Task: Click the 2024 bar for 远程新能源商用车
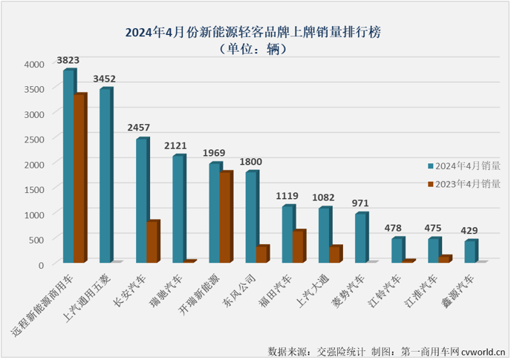click(68, 166)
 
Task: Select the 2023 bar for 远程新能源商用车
click(80, 178)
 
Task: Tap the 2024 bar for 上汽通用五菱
click(105, 175)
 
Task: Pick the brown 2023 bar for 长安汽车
click(152, 241)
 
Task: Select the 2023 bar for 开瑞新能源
click(225, 217)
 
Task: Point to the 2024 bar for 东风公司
click(251, 217)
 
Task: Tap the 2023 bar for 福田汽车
click(298, 246)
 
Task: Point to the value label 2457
click(141, 128)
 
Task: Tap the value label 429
click(470, 230)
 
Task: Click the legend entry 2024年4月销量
click(463, 166)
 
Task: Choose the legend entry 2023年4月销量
click(463, 183)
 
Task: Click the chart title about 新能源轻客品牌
click(256, 32)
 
